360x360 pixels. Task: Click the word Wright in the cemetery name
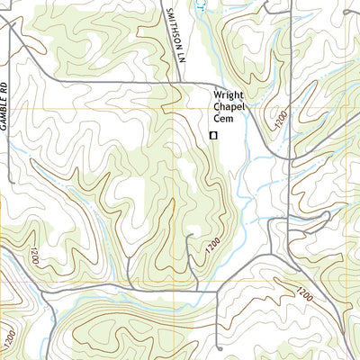tap(229, 96)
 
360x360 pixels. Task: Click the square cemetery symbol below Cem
tap(213, 135)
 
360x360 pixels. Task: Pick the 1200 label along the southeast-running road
tap(302, 293)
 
